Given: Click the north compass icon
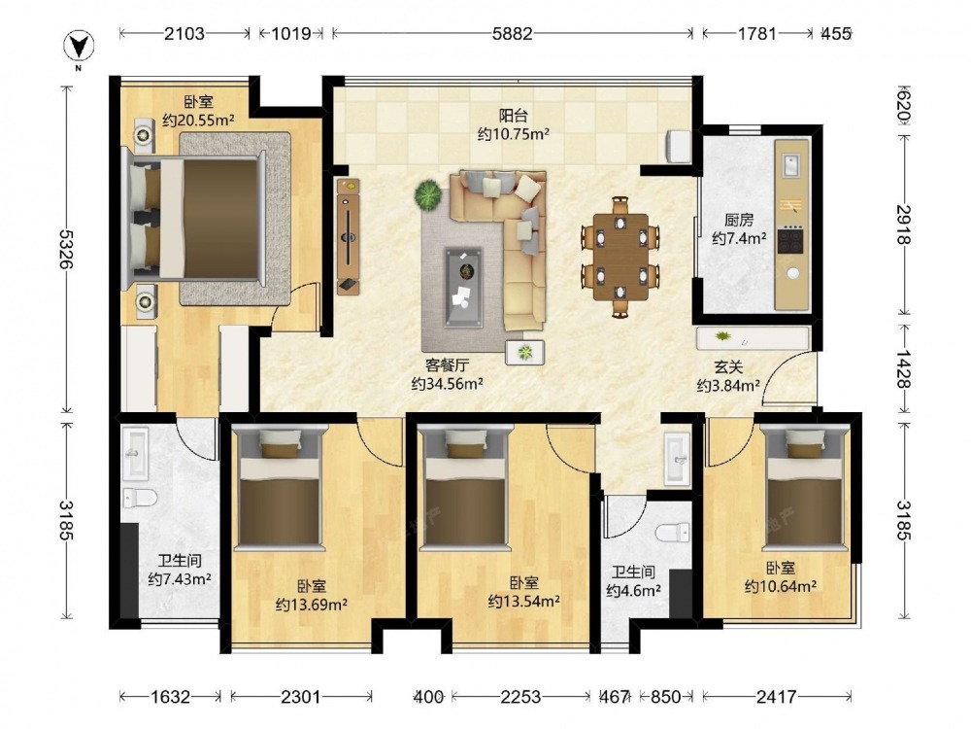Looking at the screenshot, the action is pyautogui.click(x=80, y=47).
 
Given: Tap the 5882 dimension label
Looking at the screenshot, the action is pyautogui.click(x=512, y=33).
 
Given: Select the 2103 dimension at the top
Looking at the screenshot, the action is pyautogui.click(x=184, y=33).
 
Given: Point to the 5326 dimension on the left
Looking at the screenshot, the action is pyautogui.click(x=66, y=249).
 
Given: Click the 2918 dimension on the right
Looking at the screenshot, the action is pyautogui.click(x=903, y=225).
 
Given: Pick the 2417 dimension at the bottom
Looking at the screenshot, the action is pyautogui.click(x=776, y=697).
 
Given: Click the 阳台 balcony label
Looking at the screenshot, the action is pyautogui.click(x=514, y=116).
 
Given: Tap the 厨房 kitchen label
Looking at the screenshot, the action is pyautogui.click(x=739, y=220).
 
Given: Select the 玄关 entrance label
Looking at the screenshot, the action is pyautogui.click(x=728, y=367).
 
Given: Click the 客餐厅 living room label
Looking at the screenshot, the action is pyautogui.click(x=447, y=365).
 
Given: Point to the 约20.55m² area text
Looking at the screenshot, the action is pyautogui.click(x=198, y=120).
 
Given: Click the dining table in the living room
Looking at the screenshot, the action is pyautogui.click(x=620, y=257).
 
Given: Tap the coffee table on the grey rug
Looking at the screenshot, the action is pyautogui.click(x=463, y=287).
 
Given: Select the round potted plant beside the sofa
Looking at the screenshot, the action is pyautogui.click(x=428, y=194).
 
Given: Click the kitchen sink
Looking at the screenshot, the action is pyautogui.click(x=790, y=165).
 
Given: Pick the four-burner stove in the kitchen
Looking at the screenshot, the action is pyautogui.click(x=790, y=240).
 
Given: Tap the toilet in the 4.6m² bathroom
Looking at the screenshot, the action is pyautogui.click(x=673, y=533).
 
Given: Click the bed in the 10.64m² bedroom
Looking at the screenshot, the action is pyautogui.click(x=805, y=488).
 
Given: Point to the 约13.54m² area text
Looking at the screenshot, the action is pyautogui.click(x=524, y=601).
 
